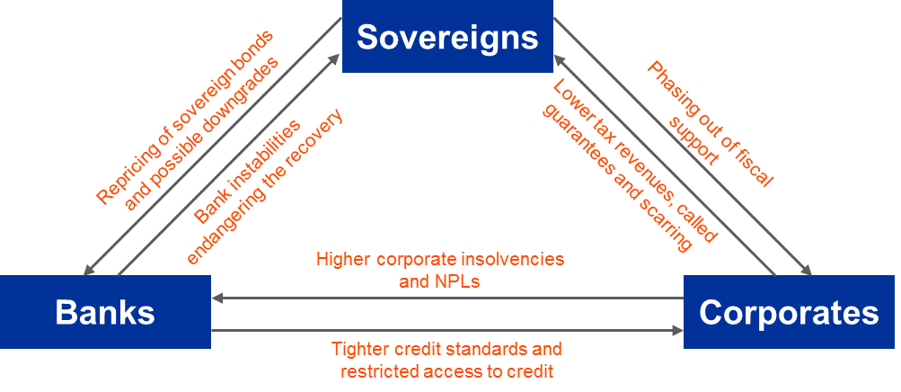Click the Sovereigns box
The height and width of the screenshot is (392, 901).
tap(447, 37)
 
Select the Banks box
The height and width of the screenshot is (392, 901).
tap(105, 312)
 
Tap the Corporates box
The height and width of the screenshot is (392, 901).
tap(789, 312)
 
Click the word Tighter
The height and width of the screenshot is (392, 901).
tap(358, 348)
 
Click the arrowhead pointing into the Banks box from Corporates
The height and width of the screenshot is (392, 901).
tap(217, 298)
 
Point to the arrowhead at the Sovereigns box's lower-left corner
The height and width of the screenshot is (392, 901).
tap(335, 59)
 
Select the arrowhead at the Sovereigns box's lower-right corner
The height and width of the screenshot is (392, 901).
tap(559, 59)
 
